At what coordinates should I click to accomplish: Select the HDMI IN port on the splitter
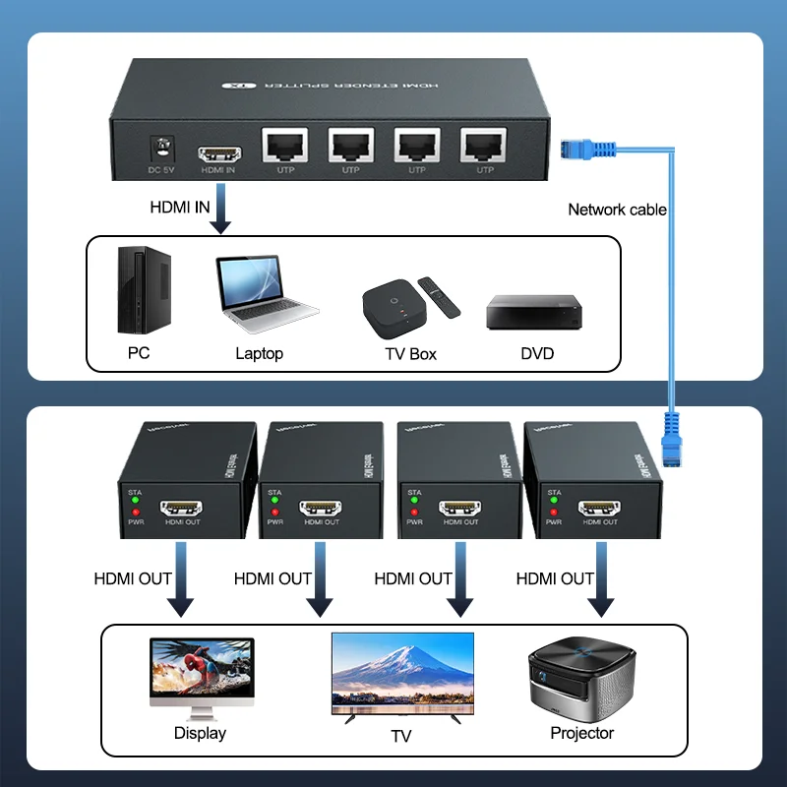[218, 154]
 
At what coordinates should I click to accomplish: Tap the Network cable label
[617, 210]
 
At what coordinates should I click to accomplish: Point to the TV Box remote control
[439, 297]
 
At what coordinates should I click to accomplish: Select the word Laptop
[259, 353]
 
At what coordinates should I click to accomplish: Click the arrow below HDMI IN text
[221, 212]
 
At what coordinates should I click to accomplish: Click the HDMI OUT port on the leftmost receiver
[182, 509]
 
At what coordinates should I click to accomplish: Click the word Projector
[582, 733]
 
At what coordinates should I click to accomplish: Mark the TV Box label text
[410, 353]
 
